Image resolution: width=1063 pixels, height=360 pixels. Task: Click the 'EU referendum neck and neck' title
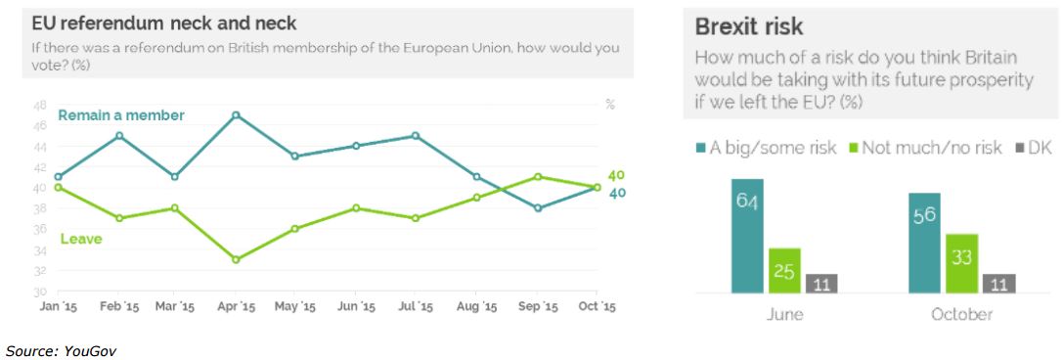point(164,23)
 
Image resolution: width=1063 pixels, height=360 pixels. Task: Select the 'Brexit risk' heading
point(749,26)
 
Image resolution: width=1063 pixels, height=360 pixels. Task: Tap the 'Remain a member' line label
point(121,115)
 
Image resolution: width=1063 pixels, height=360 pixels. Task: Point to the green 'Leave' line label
point(81,239)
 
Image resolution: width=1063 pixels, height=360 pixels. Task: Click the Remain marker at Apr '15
point(236,114)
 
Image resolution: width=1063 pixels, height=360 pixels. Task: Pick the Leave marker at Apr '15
point(236,259)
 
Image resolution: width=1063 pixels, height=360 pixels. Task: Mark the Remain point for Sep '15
point(538,208)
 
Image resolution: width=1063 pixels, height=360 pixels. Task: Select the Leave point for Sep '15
point(538,177)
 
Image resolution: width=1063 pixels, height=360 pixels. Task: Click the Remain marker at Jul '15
point(417,136)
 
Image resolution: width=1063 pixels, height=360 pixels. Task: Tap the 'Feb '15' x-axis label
point(118,307)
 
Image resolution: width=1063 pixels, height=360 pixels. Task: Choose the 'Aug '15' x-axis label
point(476,307)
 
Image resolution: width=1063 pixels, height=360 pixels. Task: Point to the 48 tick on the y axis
point(39,105)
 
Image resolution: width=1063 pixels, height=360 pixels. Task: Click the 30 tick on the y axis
point(39,292)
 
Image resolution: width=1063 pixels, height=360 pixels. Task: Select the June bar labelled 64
point(747,236)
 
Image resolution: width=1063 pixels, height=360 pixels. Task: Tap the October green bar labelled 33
point(961,264)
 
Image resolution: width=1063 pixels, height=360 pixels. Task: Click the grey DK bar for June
point(821,284)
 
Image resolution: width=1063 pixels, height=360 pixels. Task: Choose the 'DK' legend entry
point(1034,149)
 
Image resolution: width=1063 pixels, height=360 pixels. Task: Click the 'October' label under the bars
point(961,315)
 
